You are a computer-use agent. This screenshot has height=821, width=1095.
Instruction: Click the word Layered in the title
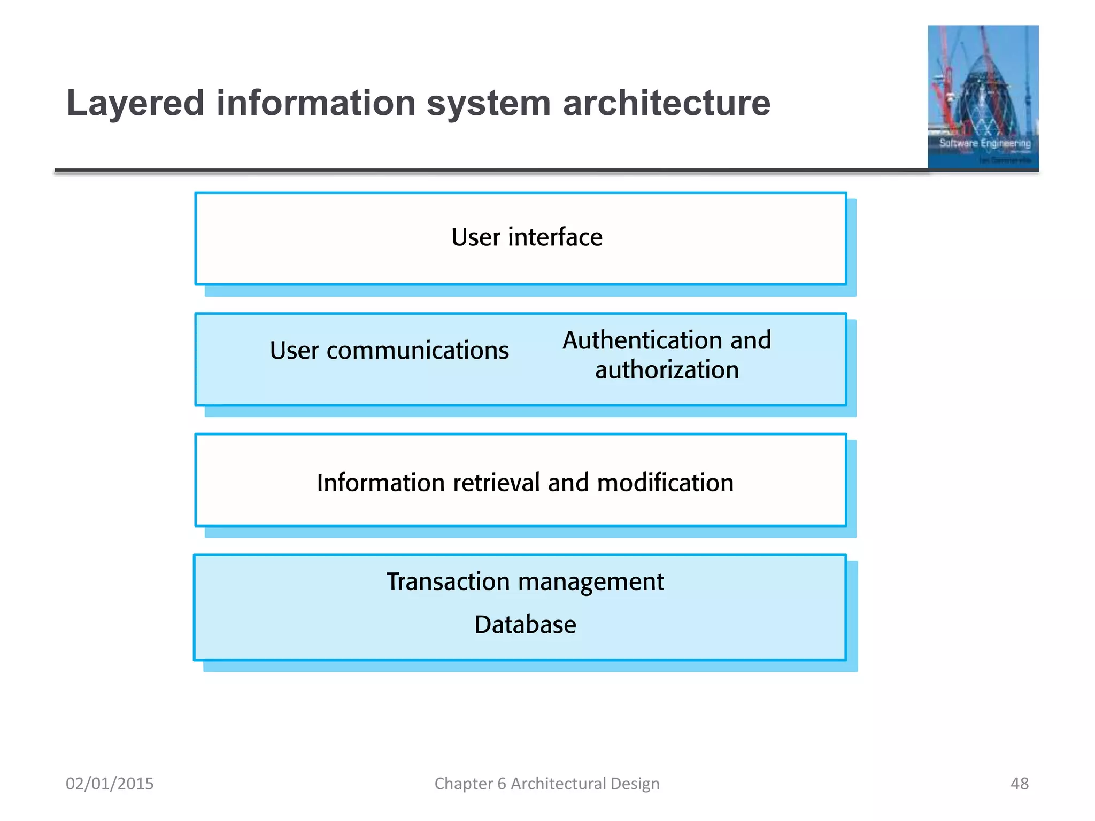(x=135, y=104)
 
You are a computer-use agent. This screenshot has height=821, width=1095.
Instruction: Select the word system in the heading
(x=488, y=104)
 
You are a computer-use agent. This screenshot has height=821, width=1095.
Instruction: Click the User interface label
(x=527, y=237)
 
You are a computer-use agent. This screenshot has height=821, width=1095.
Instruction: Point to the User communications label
(x=389, y=351)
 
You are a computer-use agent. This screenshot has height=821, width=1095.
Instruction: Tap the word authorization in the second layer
(x=667, y=370)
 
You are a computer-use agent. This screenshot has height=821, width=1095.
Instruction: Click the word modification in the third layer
(x=665, y=483)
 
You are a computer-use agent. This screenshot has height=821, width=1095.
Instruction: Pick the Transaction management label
(x=525, y=582)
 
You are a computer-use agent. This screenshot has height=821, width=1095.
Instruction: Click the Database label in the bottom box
(x=525, y=625)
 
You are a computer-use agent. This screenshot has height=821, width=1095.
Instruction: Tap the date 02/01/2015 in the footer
(x=110, y=784)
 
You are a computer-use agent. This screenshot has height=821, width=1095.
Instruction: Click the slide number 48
(x=1019, y=784)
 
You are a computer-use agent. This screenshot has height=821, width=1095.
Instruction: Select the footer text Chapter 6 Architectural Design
(x=546, y=784)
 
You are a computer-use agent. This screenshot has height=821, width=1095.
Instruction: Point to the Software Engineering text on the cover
(x=985, y=143)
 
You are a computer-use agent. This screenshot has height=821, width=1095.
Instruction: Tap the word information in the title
(x=315, y=103)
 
